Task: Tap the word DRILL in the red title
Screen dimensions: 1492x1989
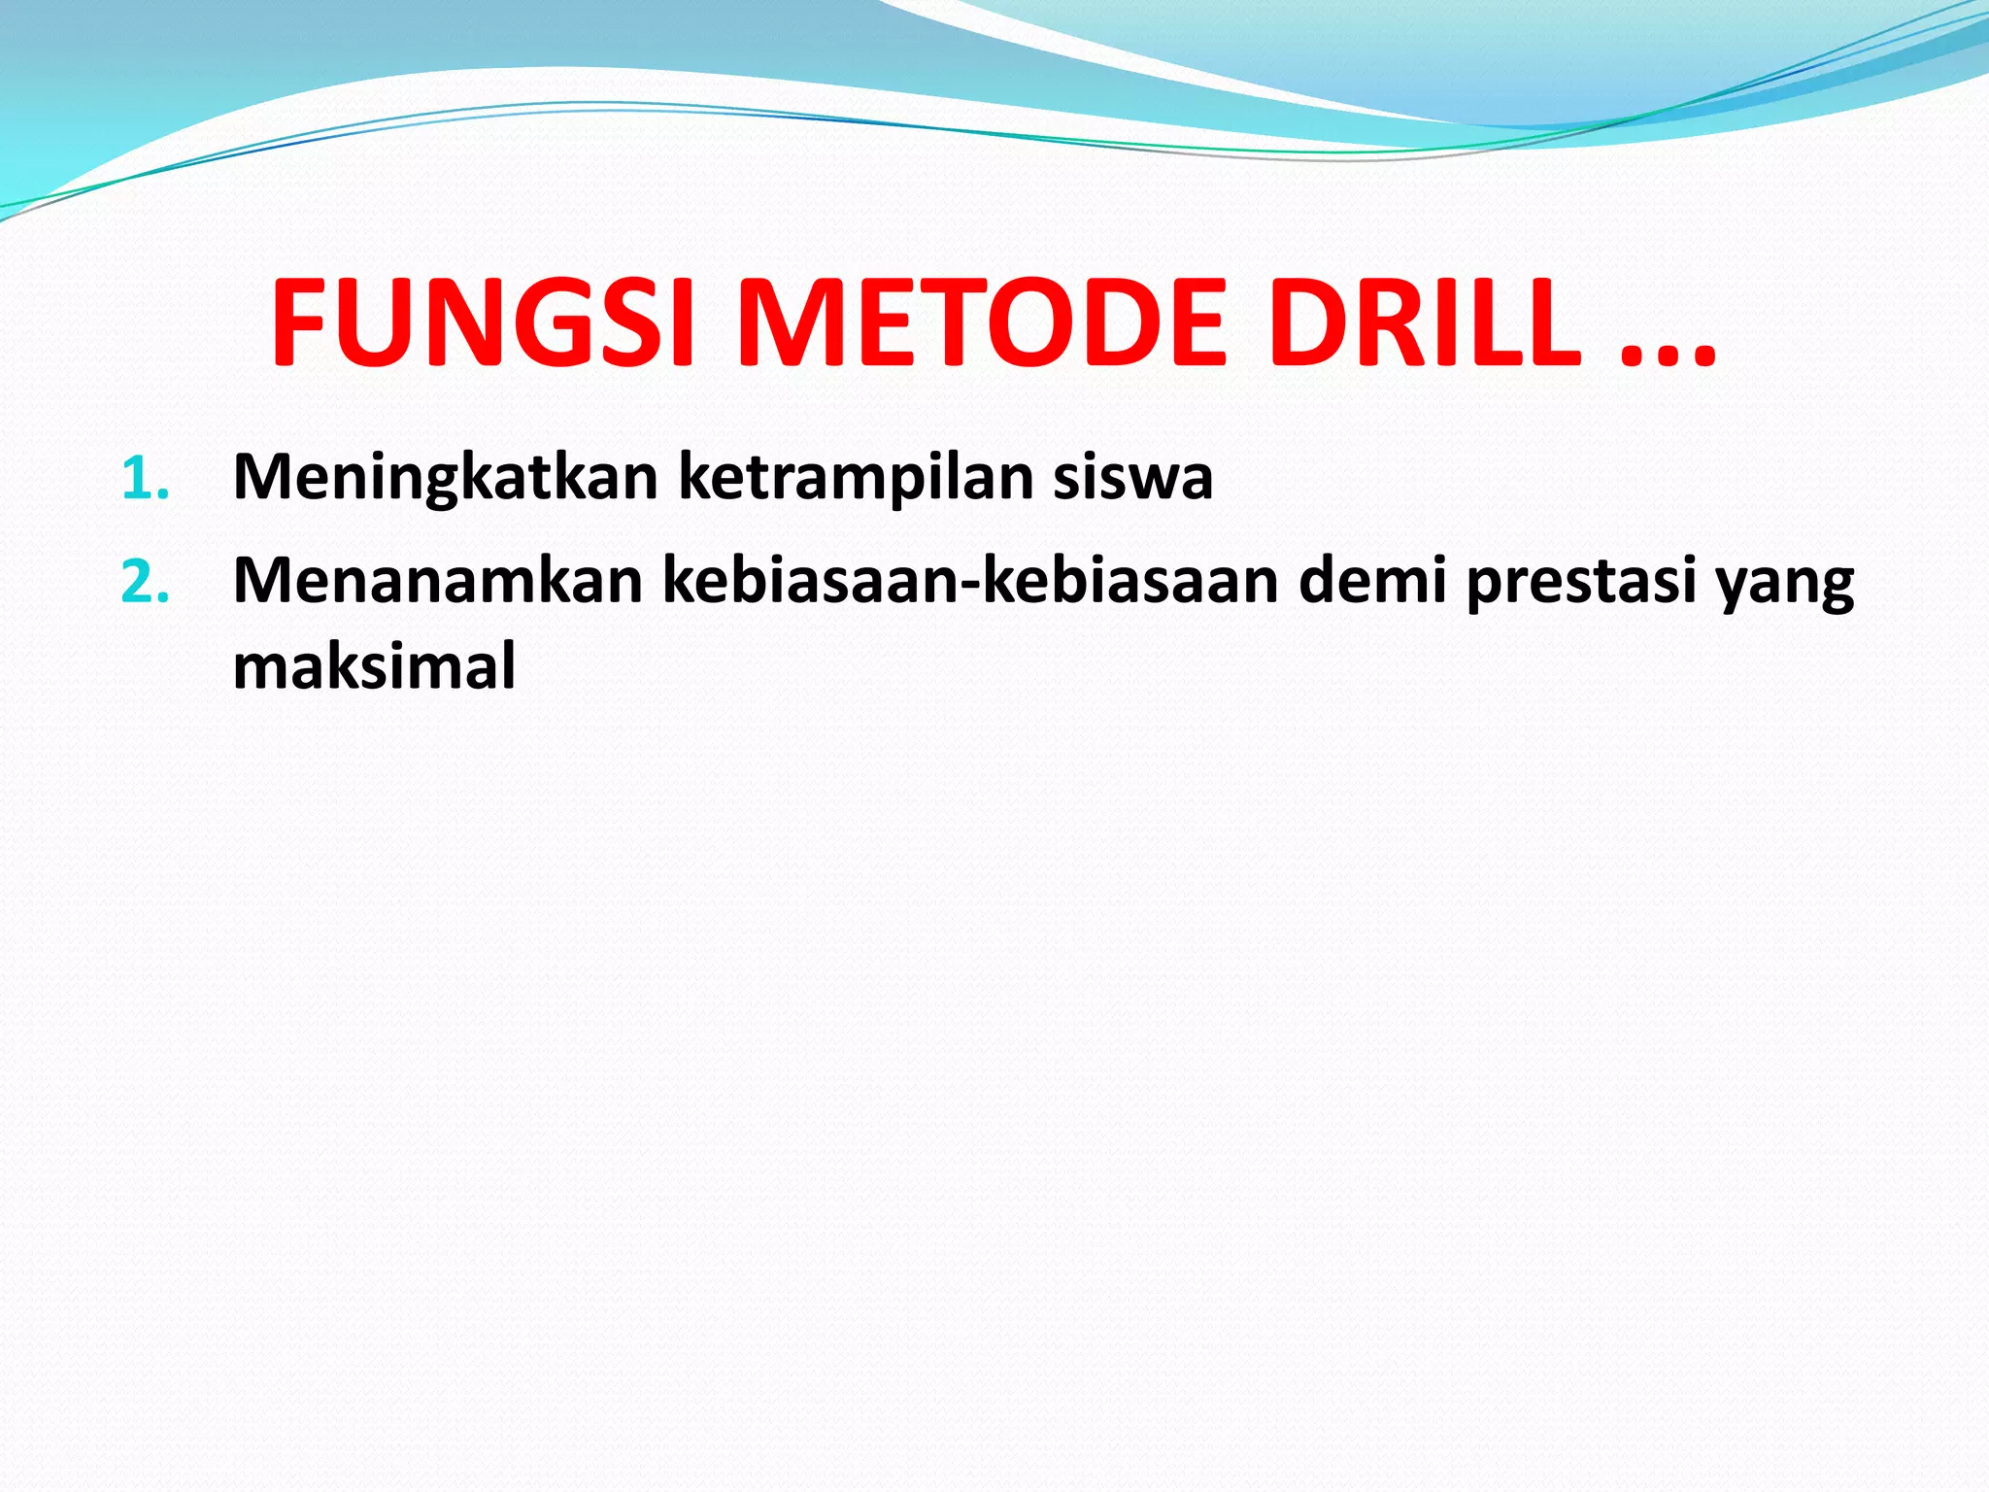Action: click(1425, 322)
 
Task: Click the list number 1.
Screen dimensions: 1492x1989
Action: click(146, 480)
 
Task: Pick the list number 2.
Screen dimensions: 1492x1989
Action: click(146, 584)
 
